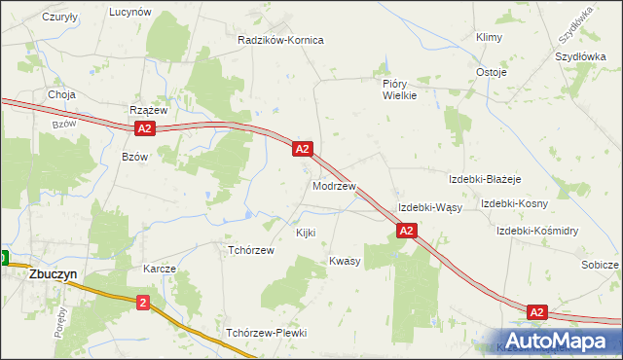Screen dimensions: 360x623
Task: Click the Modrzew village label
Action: pyautogui.click(x=334, y=185)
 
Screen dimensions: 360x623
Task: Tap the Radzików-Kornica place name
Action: pyautogui.click(x=280, y=40)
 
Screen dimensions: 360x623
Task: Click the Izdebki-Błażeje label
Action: pyautogui.click(x=485, y=179)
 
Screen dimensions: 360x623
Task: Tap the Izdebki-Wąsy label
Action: pyautogui.click(x=429, y=208)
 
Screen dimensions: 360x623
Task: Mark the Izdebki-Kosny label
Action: pyautogui.click(x=514, y=203)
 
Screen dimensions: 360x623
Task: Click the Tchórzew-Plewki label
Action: pyautogui.click(x=266, y=333)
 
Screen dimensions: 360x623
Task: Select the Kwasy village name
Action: pyautogui.click(x=345, y=261)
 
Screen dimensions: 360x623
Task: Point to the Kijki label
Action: pyautogui.click(x=306, y=233)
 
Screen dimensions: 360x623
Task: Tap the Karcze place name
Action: pyautogui.click(x=160, y=268)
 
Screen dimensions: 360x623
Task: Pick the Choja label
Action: pyautogui.click(x=61, y=95)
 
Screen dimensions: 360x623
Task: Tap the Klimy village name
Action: pyautogui.click(x=488, y=37)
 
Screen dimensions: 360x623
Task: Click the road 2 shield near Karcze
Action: pyautogui.click(x=144, y=303)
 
